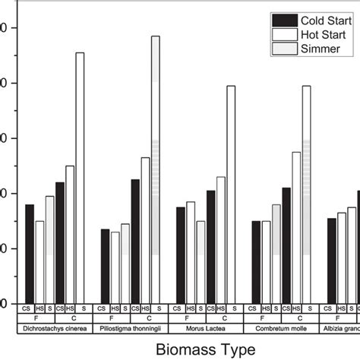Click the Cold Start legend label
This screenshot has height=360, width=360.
coord(325,20)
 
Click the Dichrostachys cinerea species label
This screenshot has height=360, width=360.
coord(54,328)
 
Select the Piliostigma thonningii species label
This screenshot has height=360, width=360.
coord(130,328)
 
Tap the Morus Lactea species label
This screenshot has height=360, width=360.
coord(205,328)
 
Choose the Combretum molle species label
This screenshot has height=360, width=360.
coord(281,328)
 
